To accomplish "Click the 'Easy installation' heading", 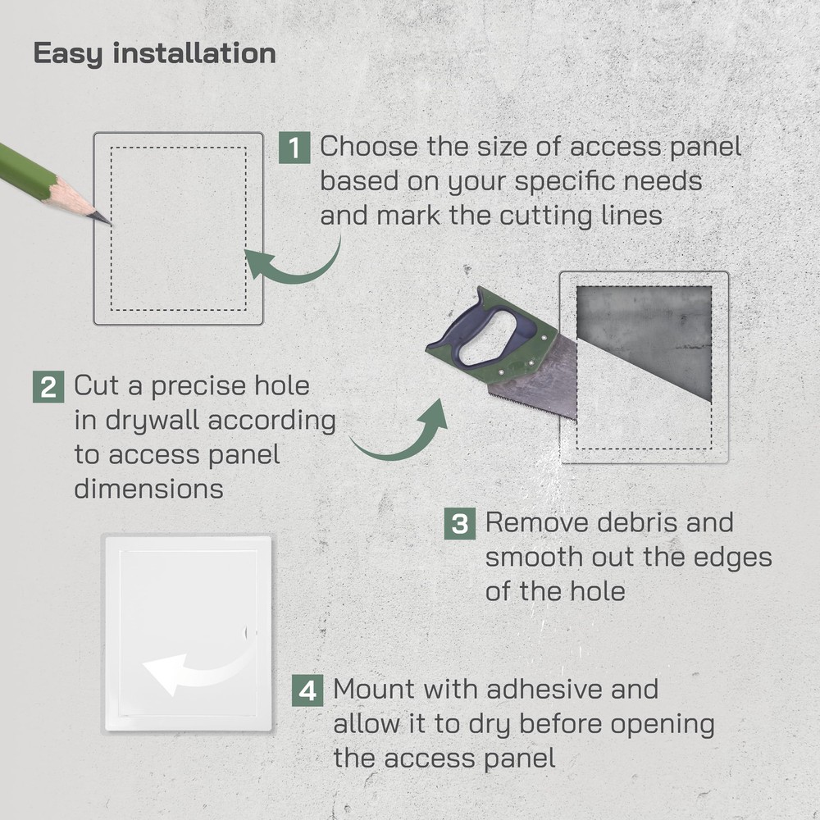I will pyautogui.click(x=154, y=53).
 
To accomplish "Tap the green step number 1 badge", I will pyautogui.click(x=294, y=148).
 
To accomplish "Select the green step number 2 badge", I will pyautogui.click(x=48, y=386).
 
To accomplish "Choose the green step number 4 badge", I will pyautogui.click(x=307, y=690).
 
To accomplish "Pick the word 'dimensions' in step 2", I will pyautogui.click(x=148, y=490).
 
